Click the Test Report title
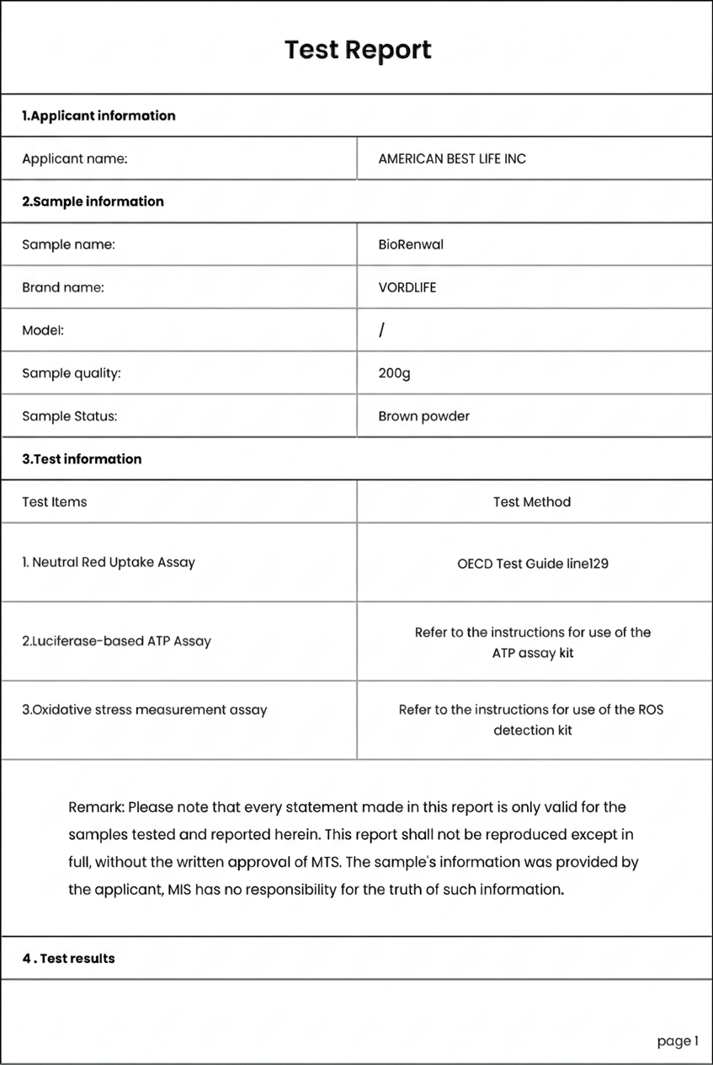358,50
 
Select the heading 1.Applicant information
98,115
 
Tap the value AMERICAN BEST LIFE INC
452,158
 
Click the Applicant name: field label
74,158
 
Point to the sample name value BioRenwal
411,244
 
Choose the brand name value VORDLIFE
407,287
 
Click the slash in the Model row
381,330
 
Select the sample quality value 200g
394,373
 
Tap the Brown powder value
423,416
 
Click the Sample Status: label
69,416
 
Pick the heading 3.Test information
82,459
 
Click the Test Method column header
532,502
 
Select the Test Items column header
54,502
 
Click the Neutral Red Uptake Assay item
109,562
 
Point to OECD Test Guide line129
532,563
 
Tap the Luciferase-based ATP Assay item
116,641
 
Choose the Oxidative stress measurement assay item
144,709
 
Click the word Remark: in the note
96,807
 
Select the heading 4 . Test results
68,958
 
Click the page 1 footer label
678,1041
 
